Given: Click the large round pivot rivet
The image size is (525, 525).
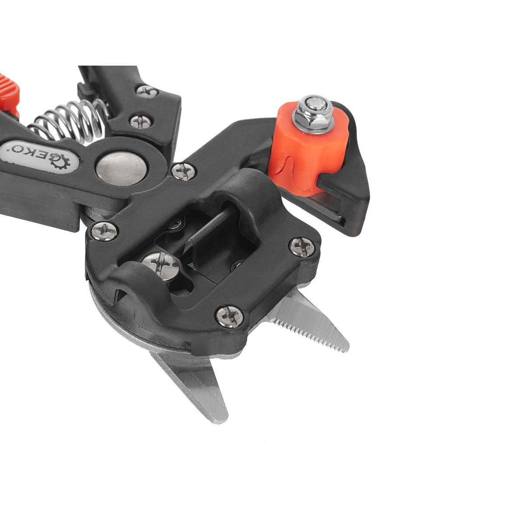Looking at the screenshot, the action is click(x=122, y=169).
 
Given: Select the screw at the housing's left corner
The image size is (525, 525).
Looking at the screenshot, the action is click(x=105, y=231).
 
